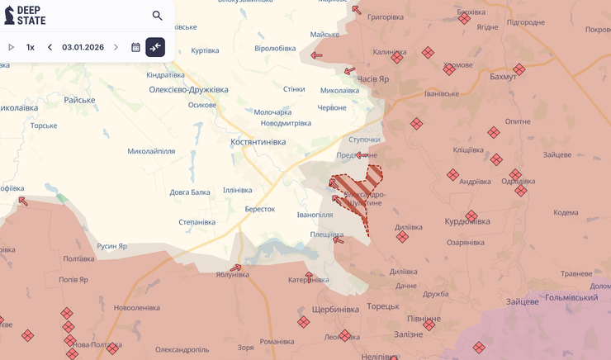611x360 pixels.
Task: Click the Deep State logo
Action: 26,15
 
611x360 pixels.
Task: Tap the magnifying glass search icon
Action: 157,16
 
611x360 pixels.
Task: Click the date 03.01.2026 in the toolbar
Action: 83,47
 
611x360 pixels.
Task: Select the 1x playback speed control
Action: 31,47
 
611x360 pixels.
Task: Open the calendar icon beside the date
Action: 135,47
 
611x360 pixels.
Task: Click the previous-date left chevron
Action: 50,47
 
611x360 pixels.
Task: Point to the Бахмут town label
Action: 503,77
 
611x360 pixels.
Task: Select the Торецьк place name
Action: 383,306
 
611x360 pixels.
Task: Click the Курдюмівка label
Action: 467,221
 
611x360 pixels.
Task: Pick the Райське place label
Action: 79,100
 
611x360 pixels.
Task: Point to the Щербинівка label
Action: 335,310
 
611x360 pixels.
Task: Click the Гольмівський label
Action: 571,297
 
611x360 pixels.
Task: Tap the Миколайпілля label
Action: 151,151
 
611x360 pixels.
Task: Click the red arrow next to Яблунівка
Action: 236,268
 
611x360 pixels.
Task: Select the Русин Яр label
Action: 112,246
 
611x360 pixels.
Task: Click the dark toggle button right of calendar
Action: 155,47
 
